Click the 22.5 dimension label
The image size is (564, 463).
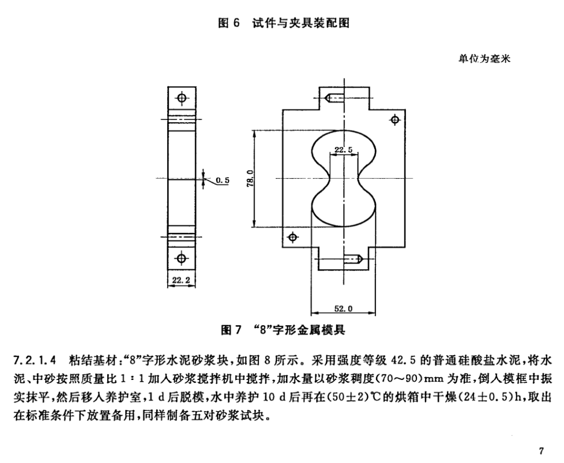[x=343, y=150]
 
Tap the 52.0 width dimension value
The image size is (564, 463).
[x=343, y=308]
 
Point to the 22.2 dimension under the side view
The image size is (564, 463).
[x=181, y=280]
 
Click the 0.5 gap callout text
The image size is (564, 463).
[x=223, y=180]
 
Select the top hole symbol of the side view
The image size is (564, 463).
[x=182, y=97]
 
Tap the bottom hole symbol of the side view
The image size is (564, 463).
[x=182, y=258]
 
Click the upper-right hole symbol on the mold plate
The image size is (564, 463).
[x=395, y=119]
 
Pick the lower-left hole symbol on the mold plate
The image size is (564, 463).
[x=293, y=237]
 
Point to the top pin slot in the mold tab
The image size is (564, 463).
[x=334, y=97]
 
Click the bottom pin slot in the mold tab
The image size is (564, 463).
[x=354, y=259]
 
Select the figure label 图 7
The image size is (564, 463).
[x=230, y=330]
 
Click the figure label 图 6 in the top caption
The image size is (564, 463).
[x=228, y=23]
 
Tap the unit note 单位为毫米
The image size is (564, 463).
[x=484, y=59]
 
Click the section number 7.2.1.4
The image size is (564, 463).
[x=35, y=360]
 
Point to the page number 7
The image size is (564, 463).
[x=542, y=451]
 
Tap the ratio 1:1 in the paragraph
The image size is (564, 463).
[x=133, y=378]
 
